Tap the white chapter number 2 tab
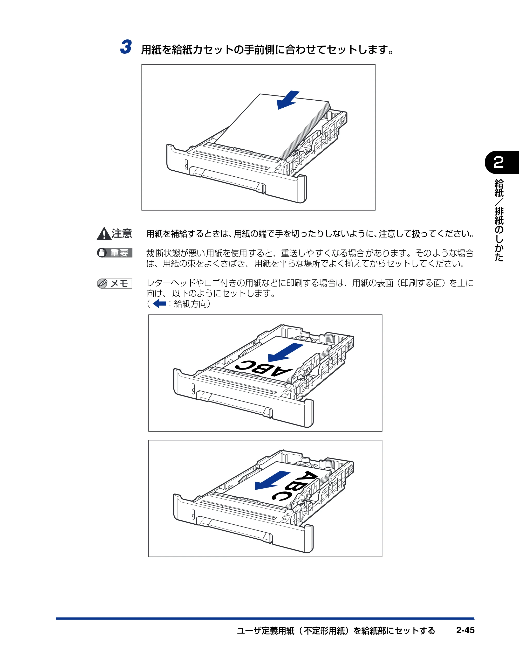498,162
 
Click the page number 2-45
465,630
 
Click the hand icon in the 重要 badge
102,253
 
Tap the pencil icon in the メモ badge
102,283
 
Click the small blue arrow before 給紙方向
159,304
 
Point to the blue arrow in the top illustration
288,100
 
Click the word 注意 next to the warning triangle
122,234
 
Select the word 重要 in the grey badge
119,253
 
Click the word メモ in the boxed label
119,284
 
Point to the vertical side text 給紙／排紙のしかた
499,220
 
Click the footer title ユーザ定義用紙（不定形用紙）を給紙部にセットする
336,630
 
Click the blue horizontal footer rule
265,619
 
